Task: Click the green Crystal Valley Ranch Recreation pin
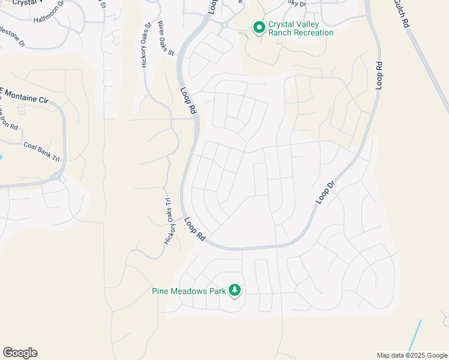tap(259, 28)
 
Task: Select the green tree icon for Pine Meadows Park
tap(234, 291)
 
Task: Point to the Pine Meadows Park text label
tap(188, 292)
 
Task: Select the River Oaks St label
tap(166, 39)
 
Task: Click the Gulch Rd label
tap(402, 13)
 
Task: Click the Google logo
tap(20, 353)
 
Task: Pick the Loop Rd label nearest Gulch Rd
tap(379, 75)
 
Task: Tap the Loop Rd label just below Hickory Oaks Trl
tap(195, 230)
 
